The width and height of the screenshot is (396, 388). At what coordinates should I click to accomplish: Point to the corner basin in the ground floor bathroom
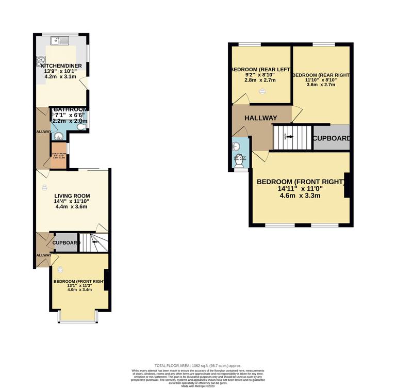point(56,136)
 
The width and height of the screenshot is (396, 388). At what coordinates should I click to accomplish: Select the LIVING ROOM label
point(72,196)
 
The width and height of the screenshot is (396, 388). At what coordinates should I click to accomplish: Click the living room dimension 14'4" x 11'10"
point(72,201)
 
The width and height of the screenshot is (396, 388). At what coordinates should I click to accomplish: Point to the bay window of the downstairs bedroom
point(78,321)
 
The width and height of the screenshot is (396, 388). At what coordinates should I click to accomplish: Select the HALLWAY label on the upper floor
point(260,118)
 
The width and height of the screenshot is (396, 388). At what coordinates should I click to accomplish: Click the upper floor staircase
point(292,137)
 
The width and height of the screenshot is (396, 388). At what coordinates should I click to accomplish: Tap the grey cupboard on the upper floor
point(332,138)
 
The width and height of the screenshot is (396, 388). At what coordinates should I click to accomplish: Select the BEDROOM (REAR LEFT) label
point(260,70)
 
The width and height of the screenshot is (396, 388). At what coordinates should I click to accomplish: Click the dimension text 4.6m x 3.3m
point(300,196)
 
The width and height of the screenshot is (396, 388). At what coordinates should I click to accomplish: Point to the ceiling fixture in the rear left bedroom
point(262,91)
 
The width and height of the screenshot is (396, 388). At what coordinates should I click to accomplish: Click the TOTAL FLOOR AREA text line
point(198,365)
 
